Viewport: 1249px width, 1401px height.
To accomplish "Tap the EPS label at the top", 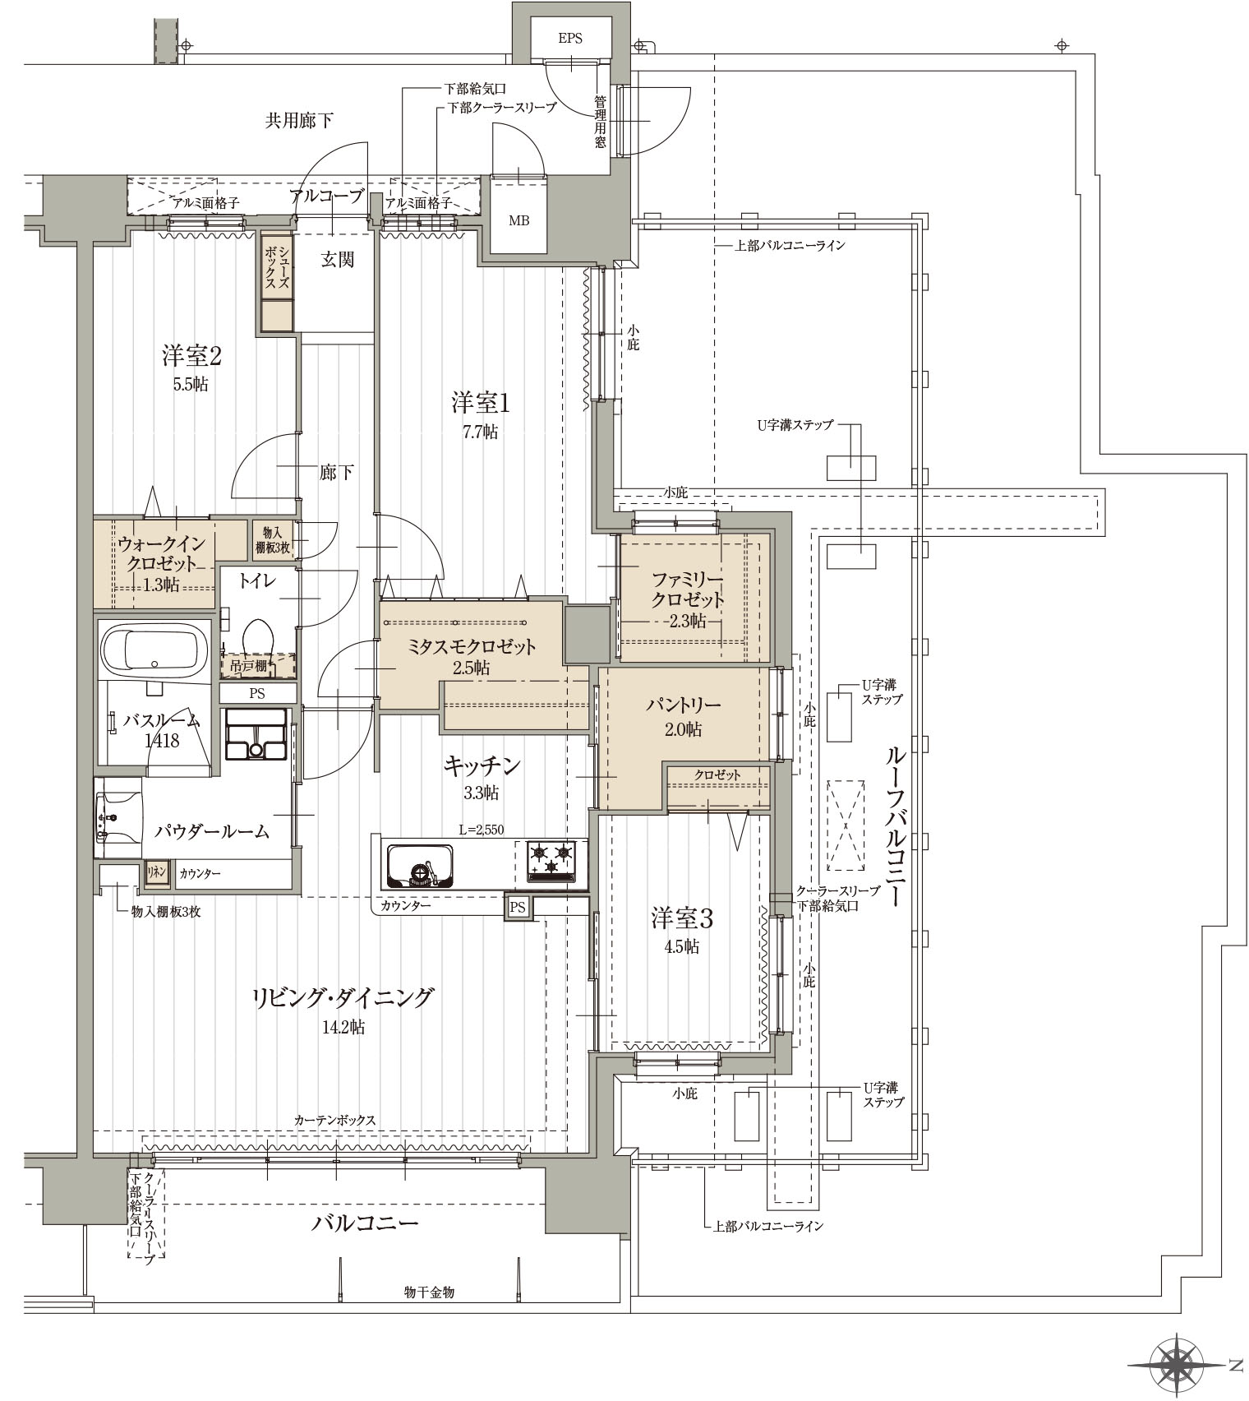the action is [x=569, y=39].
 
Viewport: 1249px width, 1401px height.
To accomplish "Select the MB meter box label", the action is [x=518, y=220].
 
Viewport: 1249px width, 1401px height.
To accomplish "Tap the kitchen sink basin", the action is [x=419, y=865].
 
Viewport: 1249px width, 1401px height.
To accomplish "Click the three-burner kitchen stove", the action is [x=551, y=861].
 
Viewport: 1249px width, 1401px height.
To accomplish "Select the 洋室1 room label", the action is [x=481, y=404].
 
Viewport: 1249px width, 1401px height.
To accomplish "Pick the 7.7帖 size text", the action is [x=480, y=431].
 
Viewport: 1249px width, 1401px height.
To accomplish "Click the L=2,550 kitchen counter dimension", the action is [x=481, y=830].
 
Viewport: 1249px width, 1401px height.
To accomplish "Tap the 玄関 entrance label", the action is [x=337, y=260].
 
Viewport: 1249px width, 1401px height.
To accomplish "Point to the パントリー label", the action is [x=683, y=705].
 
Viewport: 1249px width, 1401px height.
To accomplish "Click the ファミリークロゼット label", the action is [x=687, y=588].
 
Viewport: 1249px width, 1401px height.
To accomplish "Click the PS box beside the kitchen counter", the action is [x=518, y=907].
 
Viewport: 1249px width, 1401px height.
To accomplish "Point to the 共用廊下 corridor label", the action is [x=299, y=121].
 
